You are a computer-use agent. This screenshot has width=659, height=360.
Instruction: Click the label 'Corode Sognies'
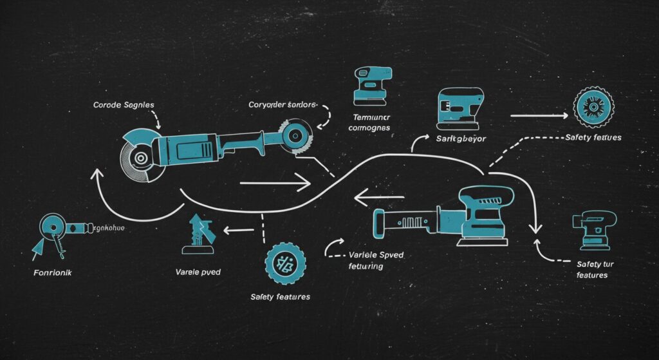pos(124,104)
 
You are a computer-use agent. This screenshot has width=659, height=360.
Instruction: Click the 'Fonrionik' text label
pos(53,272)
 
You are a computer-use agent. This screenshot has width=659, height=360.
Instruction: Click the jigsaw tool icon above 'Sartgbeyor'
pos(461,104)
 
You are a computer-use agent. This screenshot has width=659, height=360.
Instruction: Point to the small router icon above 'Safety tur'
pos(593,229)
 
